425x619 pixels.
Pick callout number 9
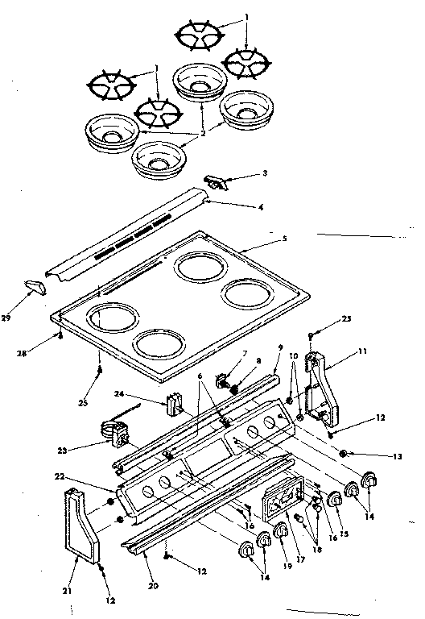tap(280, 347)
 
